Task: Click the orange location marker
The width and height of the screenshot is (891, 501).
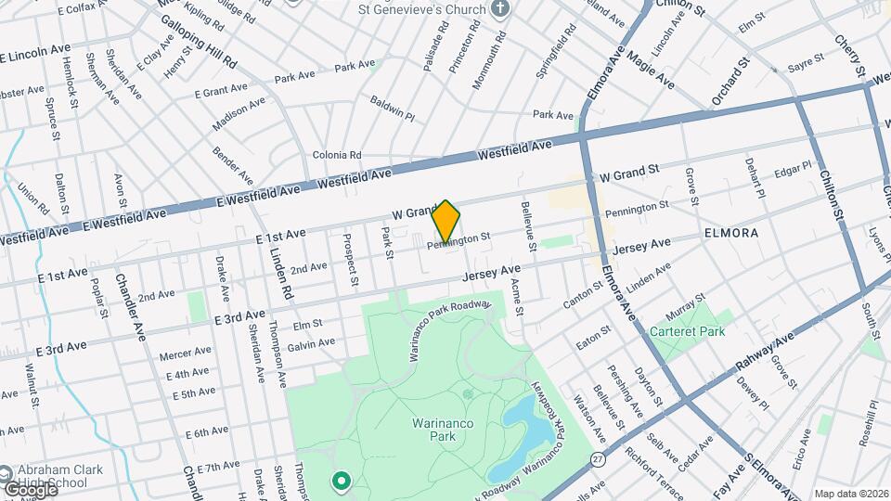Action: tap(446, 222)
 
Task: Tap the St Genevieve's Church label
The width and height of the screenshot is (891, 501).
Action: tap(422, 10)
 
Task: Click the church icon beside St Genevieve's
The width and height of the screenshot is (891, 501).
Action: tap(501, 10)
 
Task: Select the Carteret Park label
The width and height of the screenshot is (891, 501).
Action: tap(689, 330)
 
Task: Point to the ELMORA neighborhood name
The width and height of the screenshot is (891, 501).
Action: tap(731, 232)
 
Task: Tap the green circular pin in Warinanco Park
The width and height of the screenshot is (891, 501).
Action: tap(341, 481)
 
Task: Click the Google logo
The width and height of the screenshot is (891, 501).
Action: tap(30, 488)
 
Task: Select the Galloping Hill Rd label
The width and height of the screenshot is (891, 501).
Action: tap(199, 41)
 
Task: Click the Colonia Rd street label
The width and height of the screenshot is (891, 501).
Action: tap(336, 155)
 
